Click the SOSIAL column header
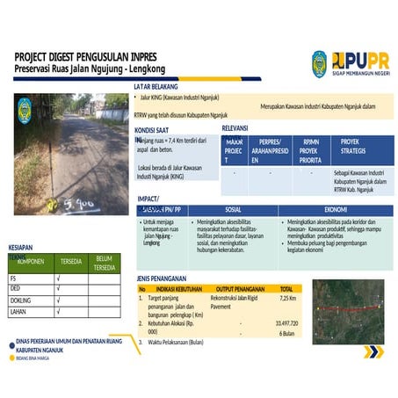point(233,210)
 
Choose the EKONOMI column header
point(335,210)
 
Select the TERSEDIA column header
point(69,262)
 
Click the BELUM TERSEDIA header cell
point(105,262)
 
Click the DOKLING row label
point(20,300)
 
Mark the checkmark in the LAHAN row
point(58,311)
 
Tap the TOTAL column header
point(286,288)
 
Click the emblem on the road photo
point(25,109)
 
